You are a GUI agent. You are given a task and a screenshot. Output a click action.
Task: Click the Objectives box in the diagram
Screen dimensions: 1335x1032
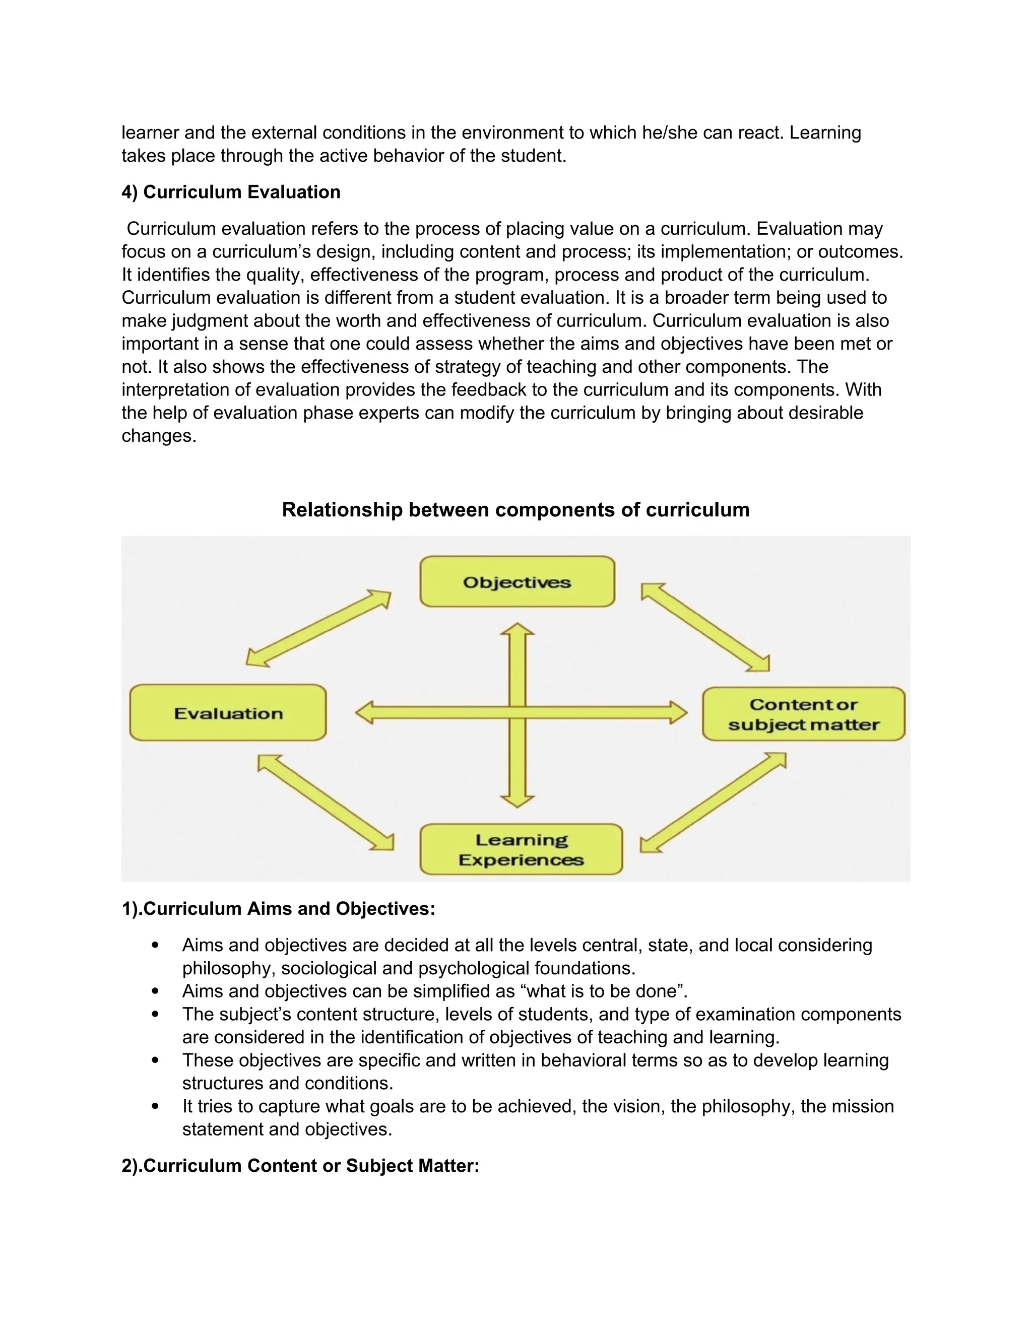517,581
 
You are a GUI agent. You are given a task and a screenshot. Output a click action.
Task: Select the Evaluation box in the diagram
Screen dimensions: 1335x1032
228,713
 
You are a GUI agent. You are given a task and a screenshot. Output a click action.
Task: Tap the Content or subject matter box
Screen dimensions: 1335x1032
803,714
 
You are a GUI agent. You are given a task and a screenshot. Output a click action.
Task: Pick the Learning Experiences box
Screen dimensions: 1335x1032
521,850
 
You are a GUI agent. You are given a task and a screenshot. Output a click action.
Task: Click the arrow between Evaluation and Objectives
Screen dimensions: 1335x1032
318,628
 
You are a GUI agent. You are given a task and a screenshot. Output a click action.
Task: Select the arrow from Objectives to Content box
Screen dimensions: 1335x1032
705,627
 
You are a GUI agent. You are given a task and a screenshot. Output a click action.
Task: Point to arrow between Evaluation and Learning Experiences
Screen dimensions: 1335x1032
325,803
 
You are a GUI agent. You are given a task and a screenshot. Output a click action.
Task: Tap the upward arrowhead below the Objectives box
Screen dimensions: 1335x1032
517,630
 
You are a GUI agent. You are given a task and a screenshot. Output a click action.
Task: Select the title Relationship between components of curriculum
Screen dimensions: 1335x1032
515,510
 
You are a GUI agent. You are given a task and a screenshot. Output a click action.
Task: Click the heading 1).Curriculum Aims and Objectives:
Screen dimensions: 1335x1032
278,909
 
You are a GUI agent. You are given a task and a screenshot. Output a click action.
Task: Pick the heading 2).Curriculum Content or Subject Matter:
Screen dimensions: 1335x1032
300,1166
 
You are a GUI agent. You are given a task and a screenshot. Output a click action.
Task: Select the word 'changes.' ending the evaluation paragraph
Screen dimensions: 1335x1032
159,436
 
